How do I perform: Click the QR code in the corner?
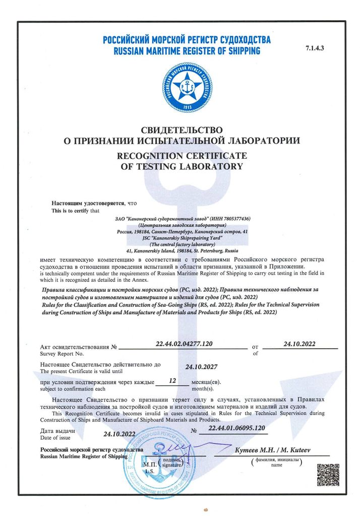325,475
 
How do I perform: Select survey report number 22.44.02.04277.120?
184,344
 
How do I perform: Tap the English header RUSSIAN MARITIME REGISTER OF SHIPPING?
187,50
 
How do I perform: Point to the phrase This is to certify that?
76,210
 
